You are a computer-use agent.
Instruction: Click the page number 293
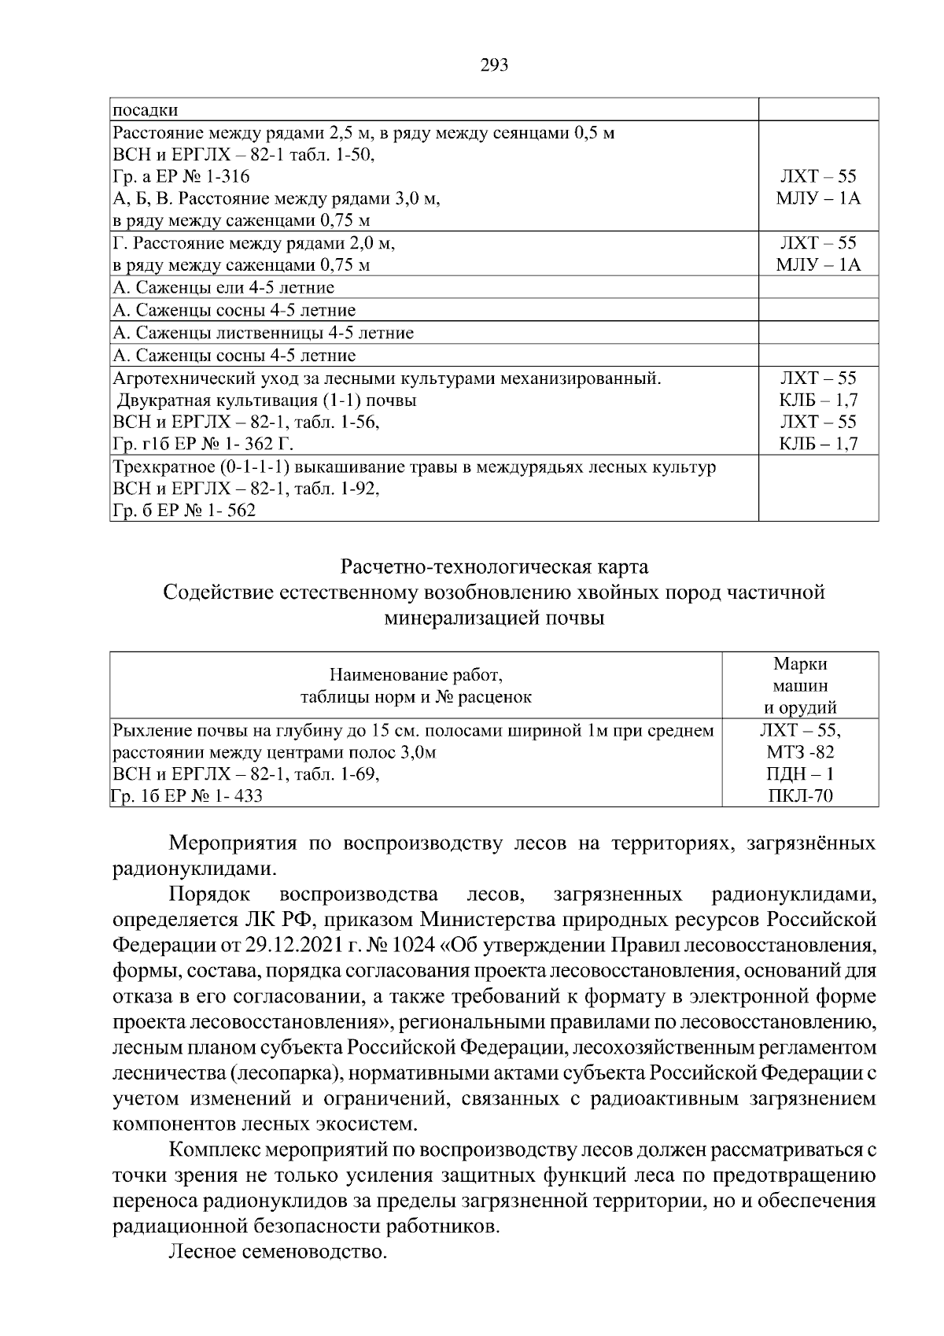click(x=494, y=65)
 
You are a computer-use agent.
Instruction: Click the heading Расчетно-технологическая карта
click(x=494, y=567)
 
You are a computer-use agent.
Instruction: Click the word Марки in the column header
click(x=800, y=664)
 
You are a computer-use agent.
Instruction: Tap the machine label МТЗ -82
click(x=800, y=752)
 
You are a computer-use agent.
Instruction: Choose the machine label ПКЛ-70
click(x=800, y=796)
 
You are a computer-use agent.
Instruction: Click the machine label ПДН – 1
click(x=800, y=774)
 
